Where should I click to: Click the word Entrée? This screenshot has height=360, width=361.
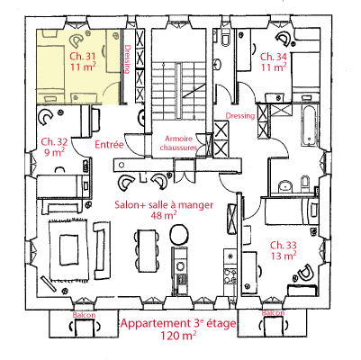click(x=109, y=145)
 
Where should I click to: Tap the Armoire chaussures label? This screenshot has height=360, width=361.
click(x=179, y=143)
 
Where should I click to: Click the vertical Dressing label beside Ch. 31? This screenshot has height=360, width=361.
click(x=128, y=59)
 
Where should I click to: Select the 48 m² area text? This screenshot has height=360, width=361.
click(x=164, y=215)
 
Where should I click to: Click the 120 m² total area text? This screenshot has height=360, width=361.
click(x=178, y=335)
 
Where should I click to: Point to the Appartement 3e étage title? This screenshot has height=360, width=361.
click(x=178, y=323)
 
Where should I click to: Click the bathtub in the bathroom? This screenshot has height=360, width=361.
click(x=309, y=125)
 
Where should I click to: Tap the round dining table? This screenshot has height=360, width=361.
click(x=179, y=235)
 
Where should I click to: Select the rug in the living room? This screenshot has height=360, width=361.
click(x=68, y=250)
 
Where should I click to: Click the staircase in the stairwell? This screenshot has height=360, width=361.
click(x=179, y=91)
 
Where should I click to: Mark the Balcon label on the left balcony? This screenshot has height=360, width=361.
click(x=84, y=315)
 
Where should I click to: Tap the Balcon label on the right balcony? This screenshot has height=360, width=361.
click(x=273, y=313)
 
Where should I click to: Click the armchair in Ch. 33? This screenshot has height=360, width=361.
click(x=304, y=273)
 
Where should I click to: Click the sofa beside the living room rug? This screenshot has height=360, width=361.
click(x=100, y=250)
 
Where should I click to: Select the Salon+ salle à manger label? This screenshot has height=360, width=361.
click(x=164, y=205)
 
